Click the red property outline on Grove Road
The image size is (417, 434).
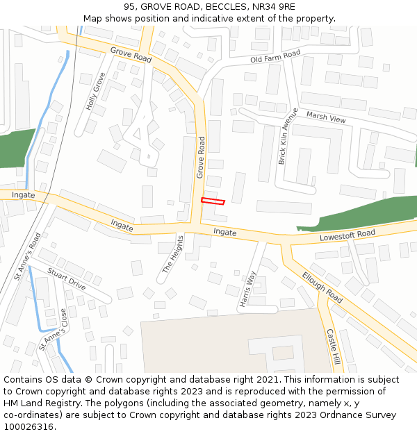click(213, 201)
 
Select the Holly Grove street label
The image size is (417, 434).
click(95, 91)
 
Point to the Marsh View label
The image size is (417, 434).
click(326, 118)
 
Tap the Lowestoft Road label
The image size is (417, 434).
click(347, 235)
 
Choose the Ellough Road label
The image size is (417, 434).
click(322, 286)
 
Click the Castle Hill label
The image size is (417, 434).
click(333, 347)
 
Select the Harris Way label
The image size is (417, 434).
click(248, 288)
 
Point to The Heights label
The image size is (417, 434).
click(173, 254)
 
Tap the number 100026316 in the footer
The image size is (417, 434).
click(28, 426)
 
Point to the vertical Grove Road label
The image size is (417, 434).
click(201, 157)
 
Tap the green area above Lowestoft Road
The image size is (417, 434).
click(361, 212)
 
